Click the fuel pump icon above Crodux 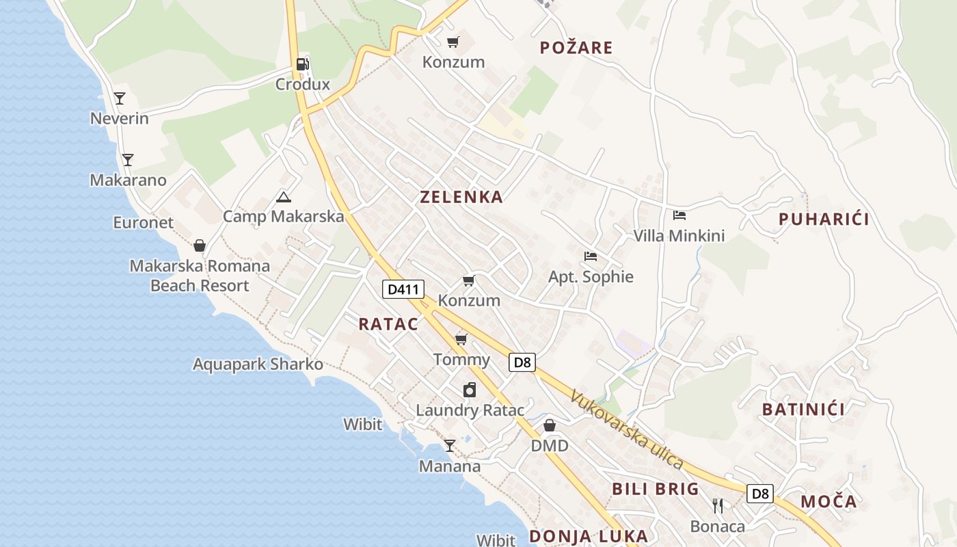[x=301, y=64]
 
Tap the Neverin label [x=120, y=118]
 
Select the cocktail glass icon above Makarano [x=127, y=160]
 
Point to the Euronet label [x=144, y=222]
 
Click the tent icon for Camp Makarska [x=283, y=198]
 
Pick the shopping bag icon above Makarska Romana [x=200, y=245]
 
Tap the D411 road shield [x=403, y=289]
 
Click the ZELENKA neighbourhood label [x=461, y=197]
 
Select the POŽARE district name [x=576, y=48]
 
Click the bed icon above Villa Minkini [x=679, y=215]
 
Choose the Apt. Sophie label [x=591, y=277]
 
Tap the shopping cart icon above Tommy [x=461, y=339]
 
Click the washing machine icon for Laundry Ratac [x=470, y=390]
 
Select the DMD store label [x=550, y=446]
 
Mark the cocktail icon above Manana [x=449, y=446]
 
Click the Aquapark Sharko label [x=258, y=364]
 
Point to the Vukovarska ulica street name [x=627, y=429]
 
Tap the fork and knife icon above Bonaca [x=717, y=506]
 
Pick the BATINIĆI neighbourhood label [x=803, y=410]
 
